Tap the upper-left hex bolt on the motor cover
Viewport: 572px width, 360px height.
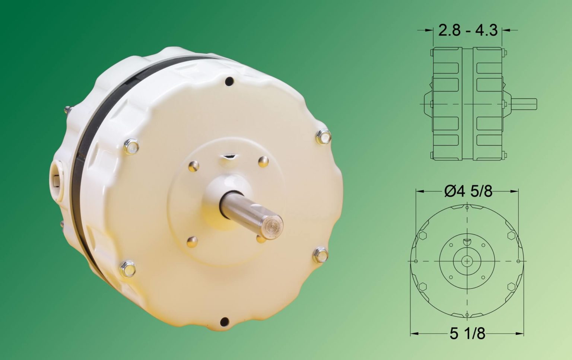(x=131, y=146)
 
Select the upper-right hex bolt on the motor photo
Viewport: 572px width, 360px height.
(x=323, y=137)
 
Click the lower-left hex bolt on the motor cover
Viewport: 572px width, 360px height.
(x=127, y=268)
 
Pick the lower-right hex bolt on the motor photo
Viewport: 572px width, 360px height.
(x=320, y=255)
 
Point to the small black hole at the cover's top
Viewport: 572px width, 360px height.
(x=230, y=80)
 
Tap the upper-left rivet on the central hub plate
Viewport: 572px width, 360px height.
(x=194, y=166)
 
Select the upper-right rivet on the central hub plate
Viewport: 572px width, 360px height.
(x=263, y=161)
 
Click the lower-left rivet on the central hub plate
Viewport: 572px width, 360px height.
(x=192, y=241)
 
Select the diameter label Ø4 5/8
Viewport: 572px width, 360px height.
(x=468, y=191)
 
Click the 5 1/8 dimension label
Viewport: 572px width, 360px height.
(x=467, y=334)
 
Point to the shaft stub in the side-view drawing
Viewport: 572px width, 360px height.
(x=524, y=104)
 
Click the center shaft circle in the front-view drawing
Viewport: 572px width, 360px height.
(x=467, y=262)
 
